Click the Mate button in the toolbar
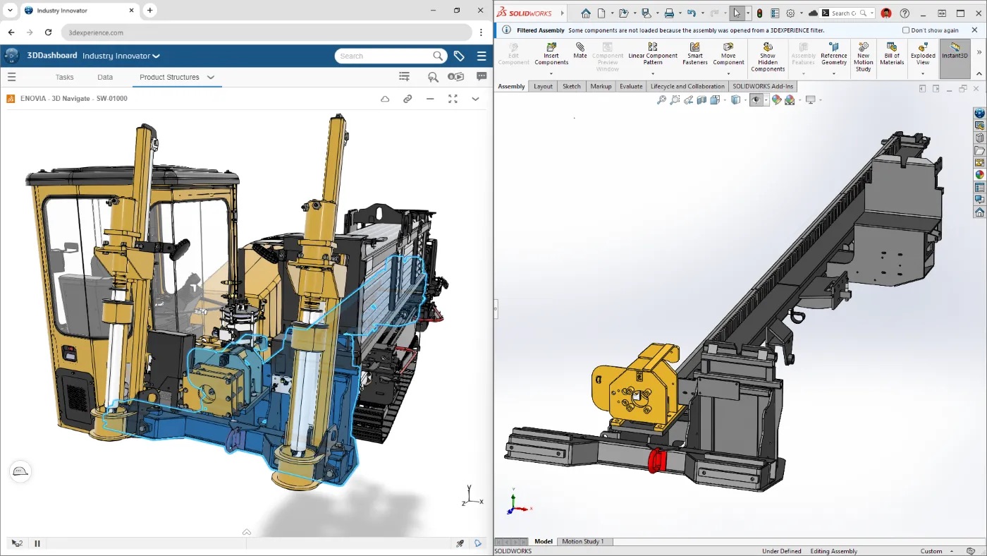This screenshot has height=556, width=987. [x=580, y=51]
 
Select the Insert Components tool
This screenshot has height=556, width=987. [x=551, y=54]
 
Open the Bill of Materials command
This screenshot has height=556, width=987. [x=892, y=54]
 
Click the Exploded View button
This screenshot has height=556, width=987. [x=923, y=54]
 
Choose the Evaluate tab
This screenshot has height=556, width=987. [x=630, y=86]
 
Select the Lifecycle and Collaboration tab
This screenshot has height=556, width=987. [x=687, y=86]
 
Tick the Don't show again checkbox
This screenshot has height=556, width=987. [x=906, y=30]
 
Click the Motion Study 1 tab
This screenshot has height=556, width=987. [x=582, y=541]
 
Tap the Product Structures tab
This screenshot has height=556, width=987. [x=169, y=77]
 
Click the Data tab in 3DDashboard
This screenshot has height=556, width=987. [x=105, y=77]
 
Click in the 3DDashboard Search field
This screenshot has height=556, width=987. [x=384, y=56]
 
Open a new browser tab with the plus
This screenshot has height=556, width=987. [x=149, y=11]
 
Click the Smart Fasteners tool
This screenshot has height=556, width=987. [x=694, y=54]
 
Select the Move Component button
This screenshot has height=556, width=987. [x=728, y=54]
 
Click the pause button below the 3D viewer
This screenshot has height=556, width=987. [x=37, y=543]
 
